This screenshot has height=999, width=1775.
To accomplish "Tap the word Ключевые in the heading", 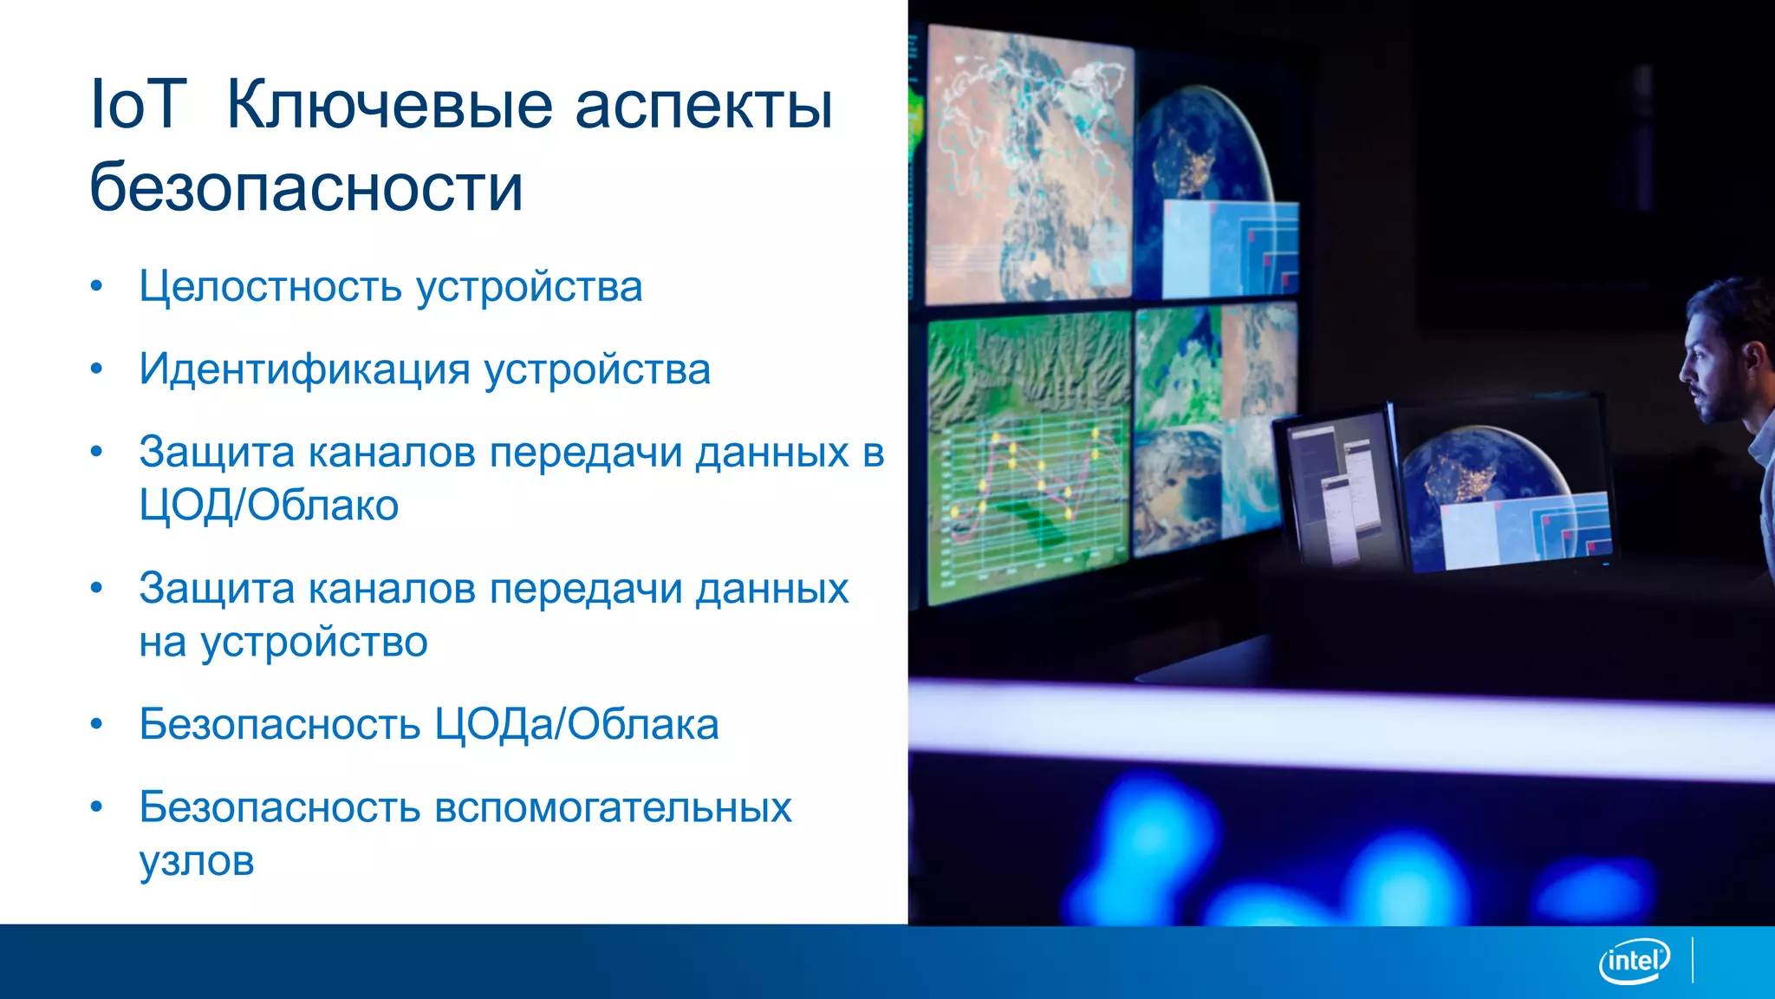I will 388,105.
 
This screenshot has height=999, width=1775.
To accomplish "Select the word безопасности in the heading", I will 306,187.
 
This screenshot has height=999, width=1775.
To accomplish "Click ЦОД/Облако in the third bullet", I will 269,506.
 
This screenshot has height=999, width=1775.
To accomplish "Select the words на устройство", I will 283,643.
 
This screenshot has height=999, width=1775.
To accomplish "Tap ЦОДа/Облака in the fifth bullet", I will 575,725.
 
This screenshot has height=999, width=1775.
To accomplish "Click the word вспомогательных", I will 612,807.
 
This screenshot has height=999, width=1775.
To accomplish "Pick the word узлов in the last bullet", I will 197,861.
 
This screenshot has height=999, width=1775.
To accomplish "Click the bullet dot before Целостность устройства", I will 96,286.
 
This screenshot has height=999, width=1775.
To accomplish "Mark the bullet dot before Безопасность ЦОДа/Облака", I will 96,724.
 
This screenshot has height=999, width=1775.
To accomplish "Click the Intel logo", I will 1634,961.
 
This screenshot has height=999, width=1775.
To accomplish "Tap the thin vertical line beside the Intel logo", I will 1693,960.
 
